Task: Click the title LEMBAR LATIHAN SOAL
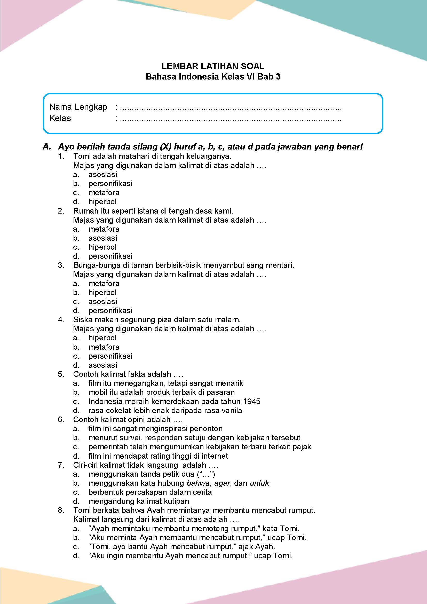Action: pyautogui.click(x=213, y=66)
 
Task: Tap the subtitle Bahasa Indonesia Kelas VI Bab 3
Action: pyautogui.click(x=213, y=77)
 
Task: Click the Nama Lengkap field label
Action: pyautogui.click(x=78, y=107)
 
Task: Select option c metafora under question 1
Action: pyautogui.click(x=104, y=193)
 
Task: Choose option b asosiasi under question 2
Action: pyautogui.click(x=103, y=238)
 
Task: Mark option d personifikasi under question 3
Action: pyautogui.click(x=110, y=311)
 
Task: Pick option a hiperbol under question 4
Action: pyautogui.click(x=102, y=338)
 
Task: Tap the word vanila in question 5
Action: pyautogui.click(x=231, y=410)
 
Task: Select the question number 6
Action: pyautogui.click(x=61, y=420)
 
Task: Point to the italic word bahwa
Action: pyautogui.click(x=198, y=483)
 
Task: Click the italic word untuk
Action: pyautogui.click(x=259, y=483)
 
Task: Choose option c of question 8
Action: pyautogui.click(x=182, y=547)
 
